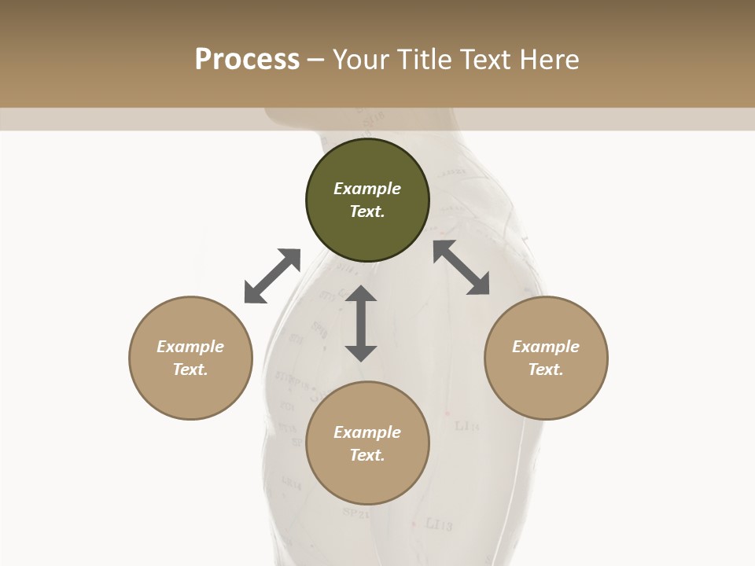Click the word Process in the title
(247, 60)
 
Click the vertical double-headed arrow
(361, 323)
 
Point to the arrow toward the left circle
(272, 276)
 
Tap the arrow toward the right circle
(461, 267)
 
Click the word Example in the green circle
(367, 189)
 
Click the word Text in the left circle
(190, 369)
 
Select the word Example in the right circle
(546, 347)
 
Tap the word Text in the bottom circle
(367, 455)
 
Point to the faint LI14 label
(467, 426)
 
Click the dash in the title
(315, 60)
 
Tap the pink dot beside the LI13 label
(414, 523)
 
